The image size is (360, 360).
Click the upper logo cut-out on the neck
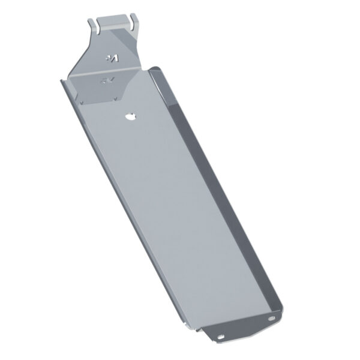click(x=112, y=58)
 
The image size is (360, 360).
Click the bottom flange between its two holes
click(x=247, y=328)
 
